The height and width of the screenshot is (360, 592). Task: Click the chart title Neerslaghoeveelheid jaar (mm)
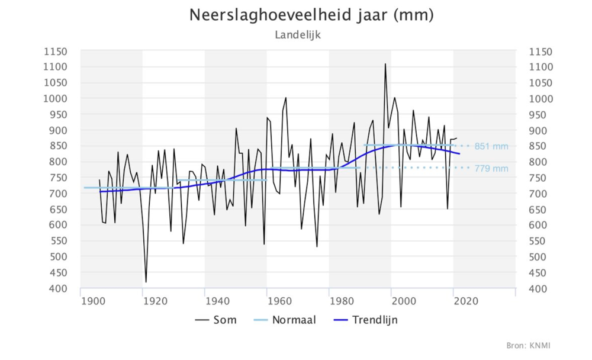coord(311,15)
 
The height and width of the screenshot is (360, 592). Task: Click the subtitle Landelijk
coord(297,35)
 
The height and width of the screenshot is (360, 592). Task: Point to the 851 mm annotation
coord(491,146)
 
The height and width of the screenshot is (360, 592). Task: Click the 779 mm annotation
coord(491,169)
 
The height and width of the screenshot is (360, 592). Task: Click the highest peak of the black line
coord(385,64)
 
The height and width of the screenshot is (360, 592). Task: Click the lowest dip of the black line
coord(146,282)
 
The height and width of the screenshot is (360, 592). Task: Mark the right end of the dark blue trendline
coord(459,154)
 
